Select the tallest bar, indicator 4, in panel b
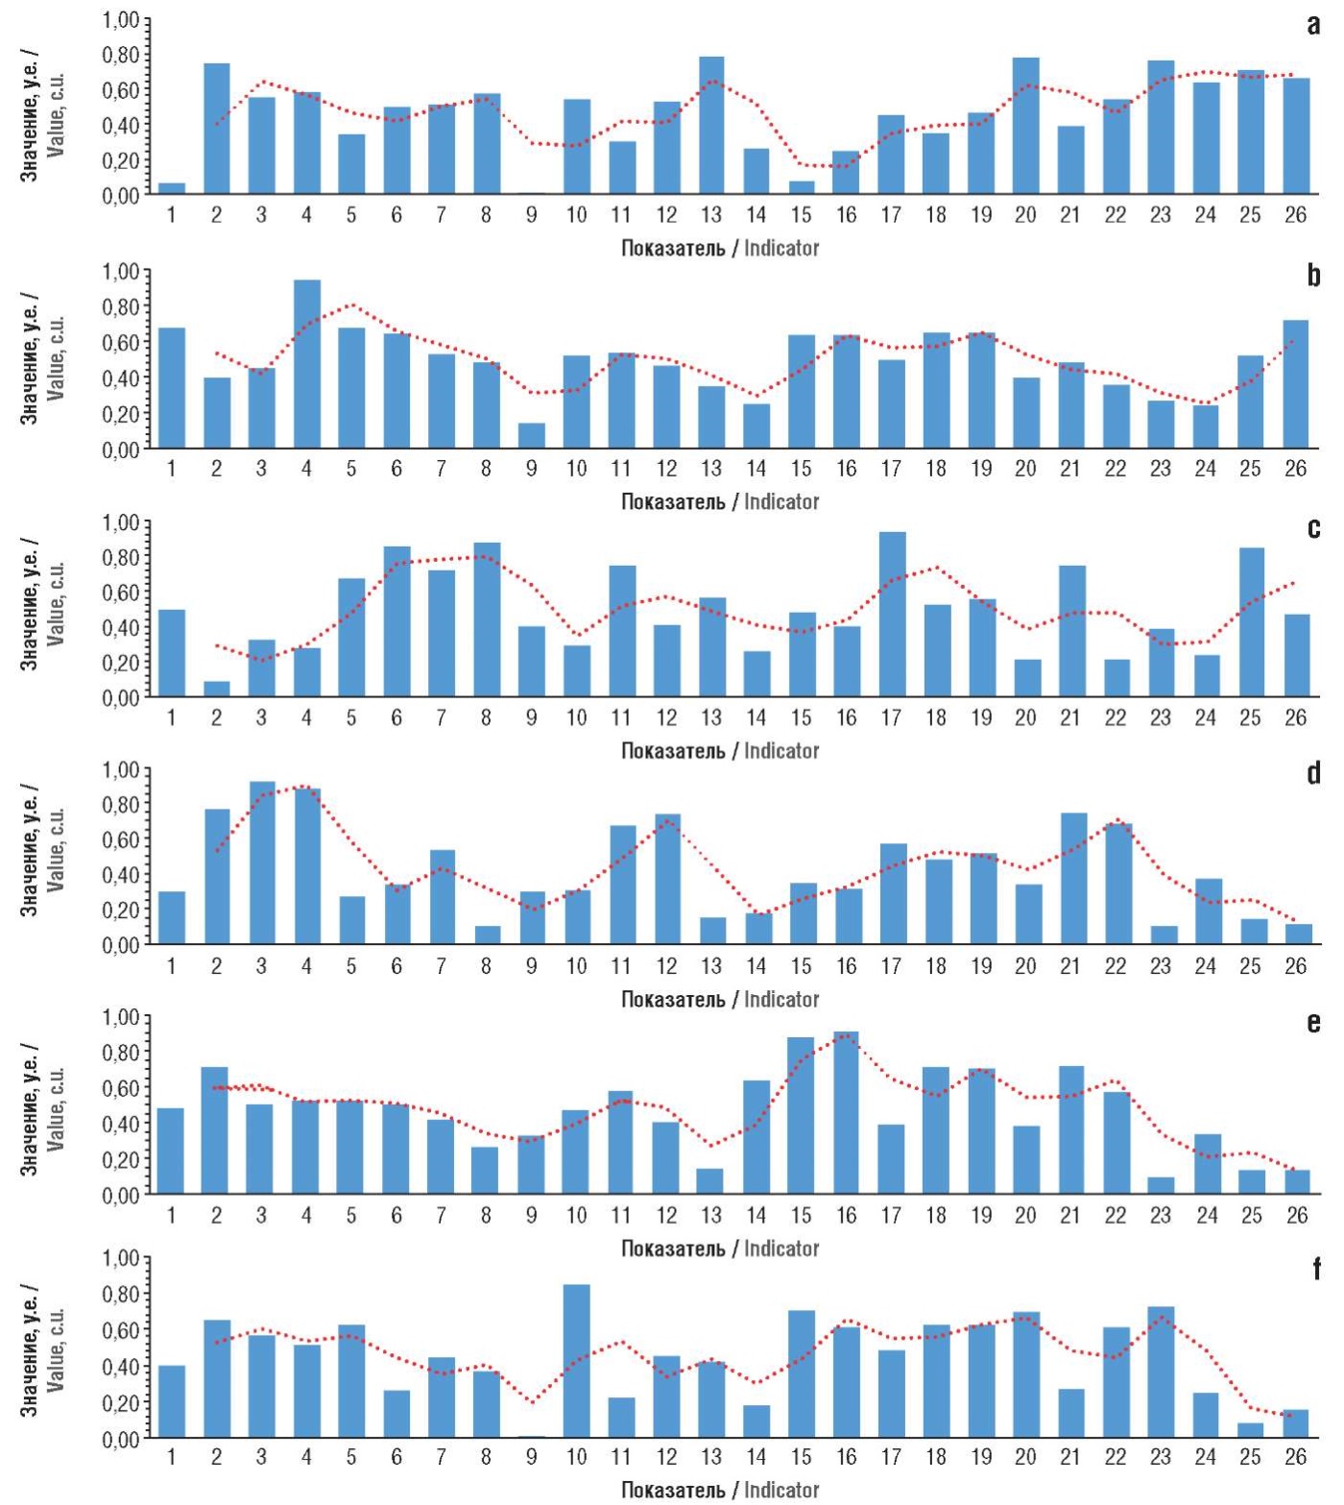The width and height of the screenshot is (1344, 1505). click(306, 364)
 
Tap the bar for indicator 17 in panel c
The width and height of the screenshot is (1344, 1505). click(892, 614)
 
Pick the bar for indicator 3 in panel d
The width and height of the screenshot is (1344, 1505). click(261, 862)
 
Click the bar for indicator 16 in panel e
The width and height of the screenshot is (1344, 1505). click(846, 1112)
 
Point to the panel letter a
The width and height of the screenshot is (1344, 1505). click(1313, 26)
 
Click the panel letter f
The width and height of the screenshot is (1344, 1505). click(1314, 1270)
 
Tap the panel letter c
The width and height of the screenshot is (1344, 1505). click(1313, 529)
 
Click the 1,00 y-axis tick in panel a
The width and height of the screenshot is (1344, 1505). click(121, 20)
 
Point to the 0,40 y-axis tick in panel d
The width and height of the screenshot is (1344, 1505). click(121, 875)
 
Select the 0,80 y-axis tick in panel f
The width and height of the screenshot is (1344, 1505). click(121, 1295)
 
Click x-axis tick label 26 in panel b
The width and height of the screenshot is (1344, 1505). click(1295, 469)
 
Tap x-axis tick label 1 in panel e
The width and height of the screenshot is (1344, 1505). click(172, 1216)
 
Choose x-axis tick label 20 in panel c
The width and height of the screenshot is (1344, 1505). click(1025, 717)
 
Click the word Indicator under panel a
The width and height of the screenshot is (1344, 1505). click(781, 248)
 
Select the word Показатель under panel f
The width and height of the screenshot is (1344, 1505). click(673, 1490)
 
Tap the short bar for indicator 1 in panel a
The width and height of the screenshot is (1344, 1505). click(172, 188)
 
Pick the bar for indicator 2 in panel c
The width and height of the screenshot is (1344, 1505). click(217, 689)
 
